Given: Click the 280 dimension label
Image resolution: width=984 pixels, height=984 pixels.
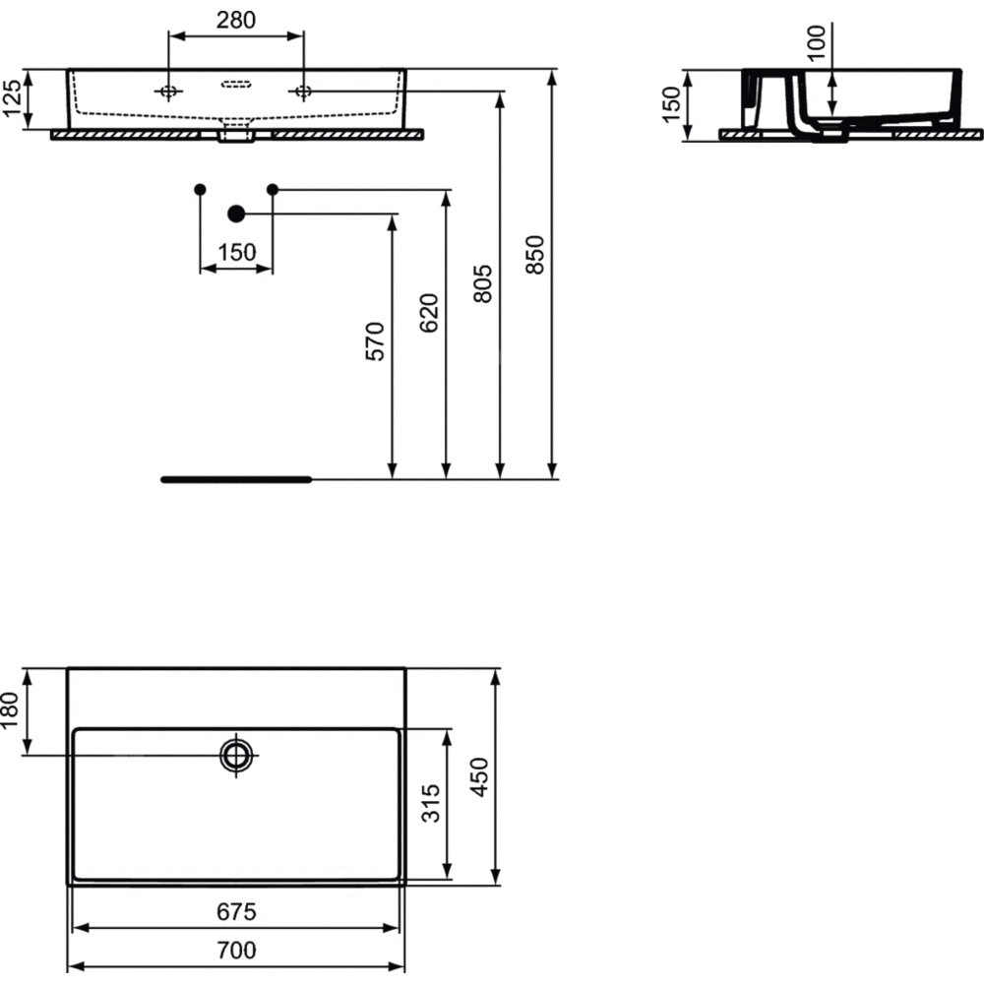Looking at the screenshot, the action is pyautogui.click(x=236, y=20).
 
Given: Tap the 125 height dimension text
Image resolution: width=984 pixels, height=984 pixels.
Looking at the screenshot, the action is pyautogui.click(x=12, y=99).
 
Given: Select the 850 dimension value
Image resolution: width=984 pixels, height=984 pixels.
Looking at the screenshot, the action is pyautogui.click(x=534, y=254).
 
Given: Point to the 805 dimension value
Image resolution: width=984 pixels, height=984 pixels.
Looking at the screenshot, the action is pyautogui.click(x=482, y=283).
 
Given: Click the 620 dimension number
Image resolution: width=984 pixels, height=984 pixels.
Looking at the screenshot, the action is pyautogui.click(x=429, y=313).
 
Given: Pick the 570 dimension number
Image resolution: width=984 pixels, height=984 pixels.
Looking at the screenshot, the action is pyautogui.click(x=375, y=341).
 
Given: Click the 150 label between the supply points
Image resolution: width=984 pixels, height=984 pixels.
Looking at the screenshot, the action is pyautogui.click(x=236, y=252).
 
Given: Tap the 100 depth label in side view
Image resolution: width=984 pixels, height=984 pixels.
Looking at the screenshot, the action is pyautogui.click(x=817, y=42).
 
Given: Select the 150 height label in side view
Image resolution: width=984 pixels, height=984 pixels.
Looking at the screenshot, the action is pyautogui.click(x=671, y=104).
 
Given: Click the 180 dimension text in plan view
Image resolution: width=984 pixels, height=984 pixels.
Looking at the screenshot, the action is pyautogui.click(x=12, y=710).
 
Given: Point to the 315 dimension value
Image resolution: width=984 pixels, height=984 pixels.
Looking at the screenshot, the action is pyautogui.click(x=431, y=803).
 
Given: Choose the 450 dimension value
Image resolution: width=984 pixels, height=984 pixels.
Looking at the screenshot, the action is pyautogui.click(x=480, y=777).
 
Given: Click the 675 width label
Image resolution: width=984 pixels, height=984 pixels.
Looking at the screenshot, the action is pyautogui.click(x=236, y=912).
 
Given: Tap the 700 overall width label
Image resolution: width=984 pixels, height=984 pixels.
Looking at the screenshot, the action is pyautogui.click(x=236, y=951).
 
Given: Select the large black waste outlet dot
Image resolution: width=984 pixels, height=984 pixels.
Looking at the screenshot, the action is pyautogui.click(x=236, y=214).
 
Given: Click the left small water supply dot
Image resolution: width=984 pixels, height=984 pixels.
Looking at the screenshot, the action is pyautogui.click(x=201, y=189).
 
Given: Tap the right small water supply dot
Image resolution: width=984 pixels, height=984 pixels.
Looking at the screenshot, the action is pyautogui.click(x=273, y=189).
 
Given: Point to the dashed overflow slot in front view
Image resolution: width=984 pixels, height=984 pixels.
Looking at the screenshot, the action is pyautogui.click(x=236, y=84).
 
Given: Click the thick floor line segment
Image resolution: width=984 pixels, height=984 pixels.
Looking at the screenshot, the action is pyautogui.click(x=236, y=479).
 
